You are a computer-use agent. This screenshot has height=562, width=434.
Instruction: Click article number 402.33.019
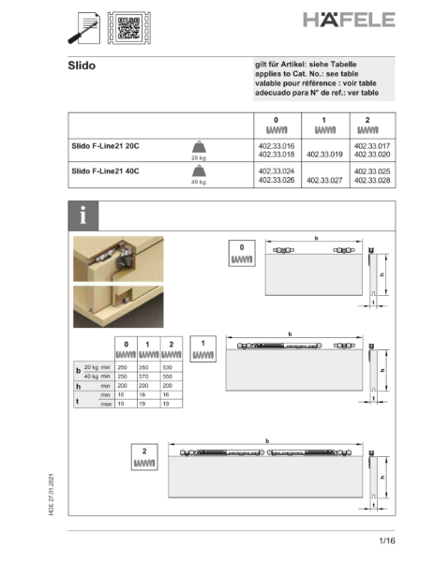[x=324, y=155]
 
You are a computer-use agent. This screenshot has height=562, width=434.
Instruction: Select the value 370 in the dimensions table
[x=146, y=377]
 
